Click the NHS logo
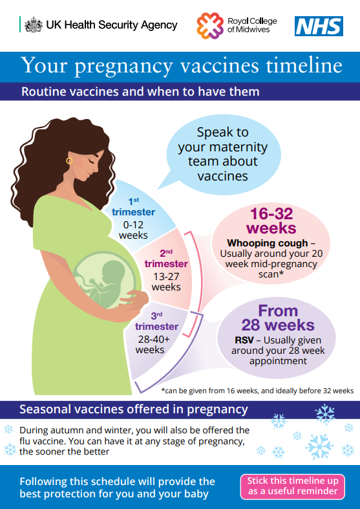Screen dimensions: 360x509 click(319, 27)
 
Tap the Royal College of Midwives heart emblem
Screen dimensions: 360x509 click(210, 26)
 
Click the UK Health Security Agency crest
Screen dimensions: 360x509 click(34, 25)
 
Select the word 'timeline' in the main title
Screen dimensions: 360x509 click(304, 65)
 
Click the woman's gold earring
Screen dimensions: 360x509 click(69, 160)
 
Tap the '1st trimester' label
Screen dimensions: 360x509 click(133, 207)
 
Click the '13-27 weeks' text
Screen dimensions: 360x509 click(166, 282)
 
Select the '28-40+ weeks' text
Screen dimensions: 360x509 click(153, 345)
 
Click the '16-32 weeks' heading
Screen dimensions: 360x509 click(271, 221)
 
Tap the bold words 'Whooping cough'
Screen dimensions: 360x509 click(268, 243)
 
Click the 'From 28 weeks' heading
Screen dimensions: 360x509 click(278, 318)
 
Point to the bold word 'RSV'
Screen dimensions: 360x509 click(244, 340)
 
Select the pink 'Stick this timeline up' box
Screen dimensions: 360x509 click(293, 486)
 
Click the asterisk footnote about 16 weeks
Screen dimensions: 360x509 click(257, 391)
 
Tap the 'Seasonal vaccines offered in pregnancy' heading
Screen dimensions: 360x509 click(134, 409)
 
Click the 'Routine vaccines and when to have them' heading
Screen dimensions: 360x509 click(140, 92)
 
